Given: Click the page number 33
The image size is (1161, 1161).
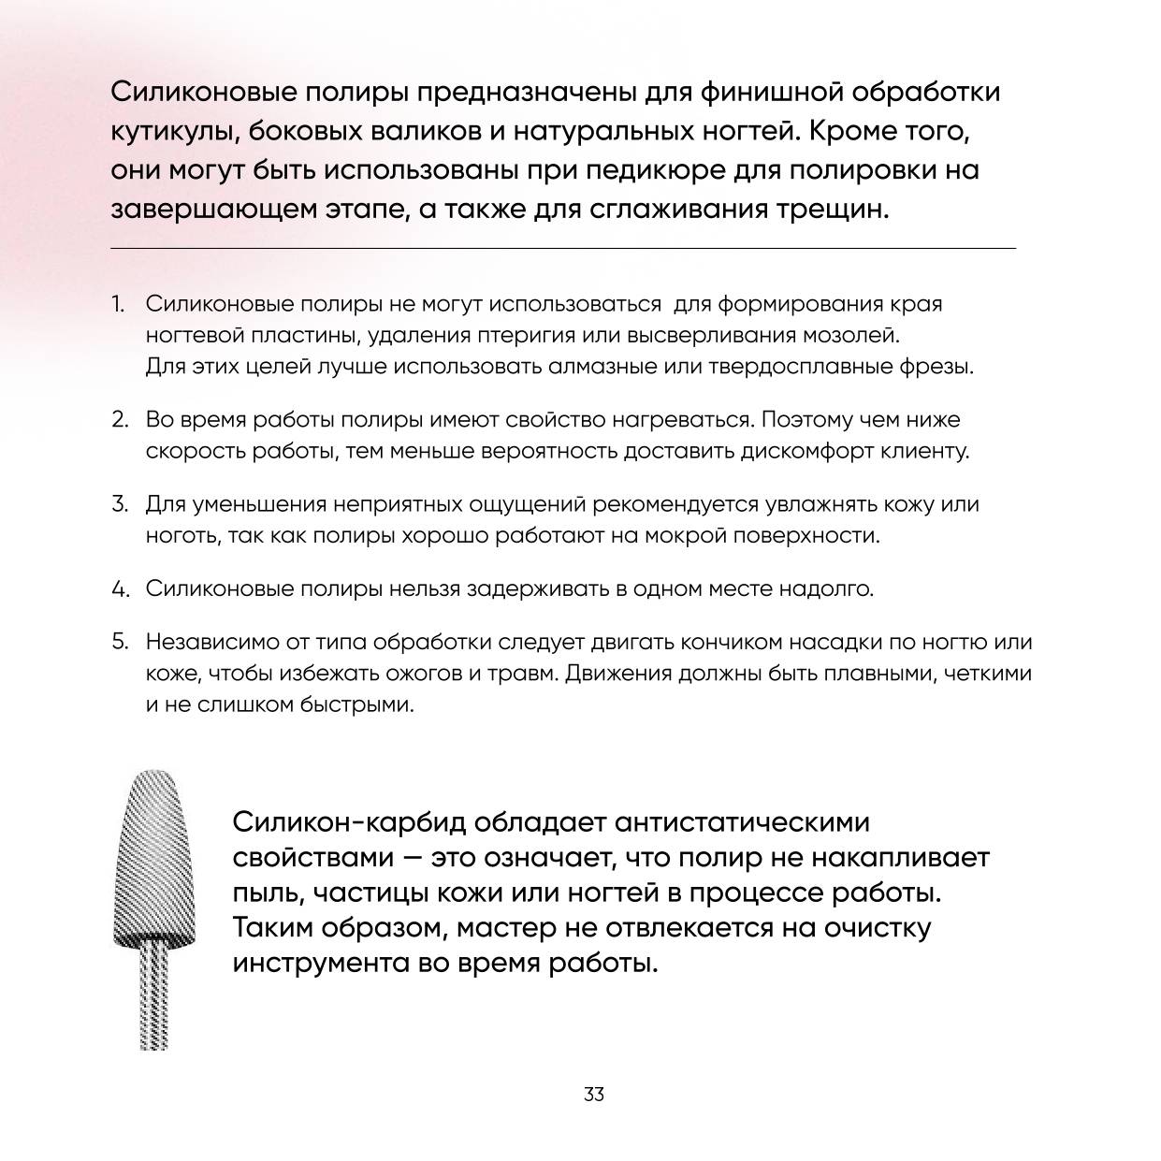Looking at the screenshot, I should pos(593,1094).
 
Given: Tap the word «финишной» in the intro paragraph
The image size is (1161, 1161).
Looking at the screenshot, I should pos(772,92).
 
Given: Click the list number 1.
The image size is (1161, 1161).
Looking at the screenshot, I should pos(117,304).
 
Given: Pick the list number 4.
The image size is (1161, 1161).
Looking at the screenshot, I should pos(119,589).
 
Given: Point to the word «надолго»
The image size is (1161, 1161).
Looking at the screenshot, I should pos(824,588).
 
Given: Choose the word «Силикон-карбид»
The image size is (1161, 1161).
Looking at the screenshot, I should pos(348,822).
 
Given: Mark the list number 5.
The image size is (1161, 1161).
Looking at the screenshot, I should pos(119,642).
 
